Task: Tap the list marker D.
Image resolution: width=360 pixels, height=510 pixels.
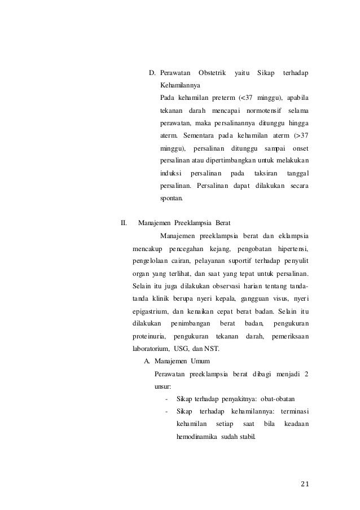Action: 152,73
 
